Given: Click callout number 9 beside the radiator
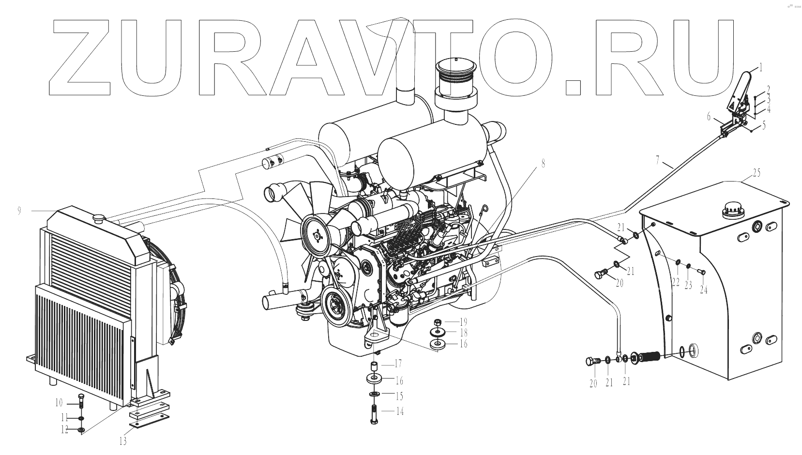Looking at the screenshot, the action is [19, 211].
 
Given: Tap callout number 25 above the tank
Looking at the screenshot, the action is [757, 172].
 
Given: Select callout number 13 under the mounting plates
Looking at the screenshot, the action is [123, 441].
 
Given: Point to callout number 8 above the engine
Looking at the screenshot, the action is [543, 164].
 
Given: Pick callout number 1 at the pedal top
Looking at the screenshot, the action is [760, 67].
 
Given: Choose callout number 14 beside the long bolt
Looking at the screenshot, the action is [399, 412].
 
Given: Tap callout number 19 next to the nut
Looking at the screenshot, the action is [463, 322].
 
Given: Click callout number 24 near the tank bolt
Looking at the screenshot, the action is [703, 290].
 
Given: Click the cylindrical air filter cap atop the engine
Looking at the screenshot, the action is [456, 77].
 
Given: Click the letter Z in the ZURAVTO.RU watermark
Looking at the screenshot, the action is [80, 58].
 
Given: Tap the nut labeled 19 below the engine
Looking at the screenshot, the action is [438, 322].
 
